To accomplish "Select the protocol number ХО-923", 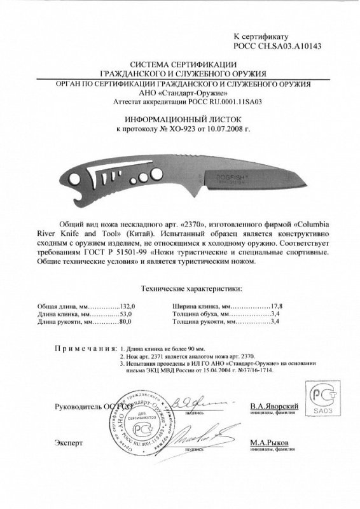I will click(x=169, y=129).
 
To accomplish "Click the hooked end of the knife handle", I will click(x=64, y=179).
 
